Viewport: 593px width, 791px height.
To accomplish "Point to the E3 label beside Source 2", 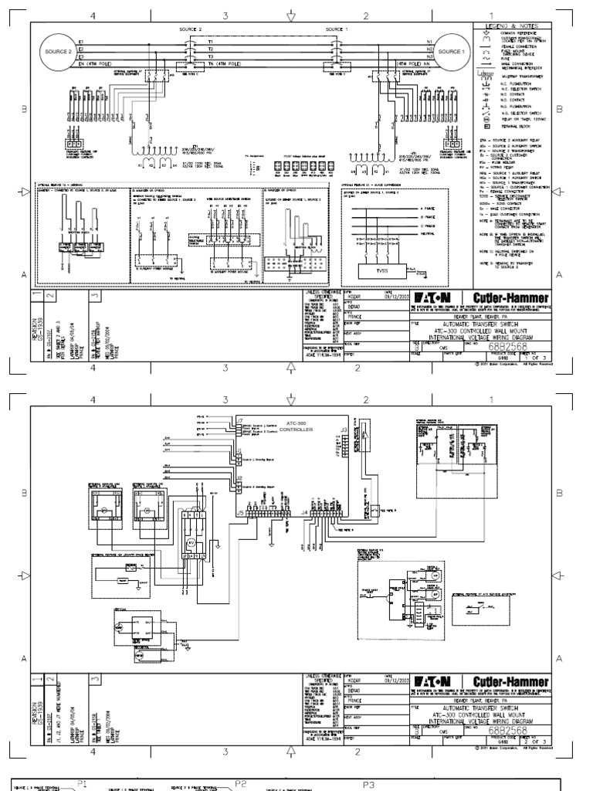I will pyautogui.click(x=81, y=56).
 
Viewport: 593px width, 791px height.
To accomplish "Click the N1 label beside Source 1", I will pyautogui.click(x=429, y=40).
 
